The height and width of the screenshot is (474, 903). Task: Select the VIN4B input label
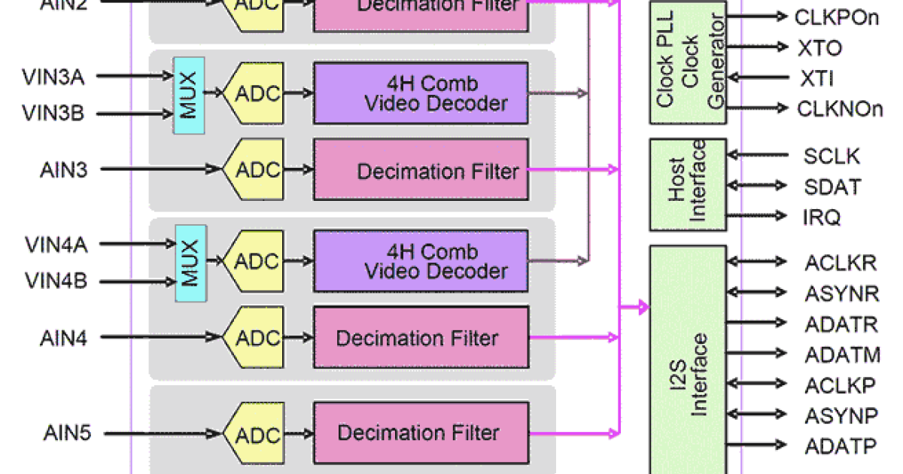point(56,282)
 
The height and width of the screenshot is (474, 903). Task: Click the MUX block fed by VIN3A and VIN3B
point(189,95)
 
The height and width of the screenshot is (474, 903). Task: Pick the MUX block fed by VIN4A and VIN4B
point(190,263)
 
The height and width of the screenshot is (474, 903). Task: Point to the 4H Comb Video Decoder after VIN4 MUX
point(420,262)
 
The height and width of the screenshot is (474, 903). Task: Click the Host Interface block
point(688,185)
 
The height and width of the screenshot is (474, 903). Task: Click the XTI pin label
point(816,79)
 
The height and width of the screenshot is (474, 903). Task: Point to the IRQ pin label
point(821,217)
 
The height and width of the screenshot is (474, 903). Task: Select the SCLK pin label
point(832,156)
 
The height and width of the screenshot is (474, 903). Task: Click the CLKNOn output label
point(839,109)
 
